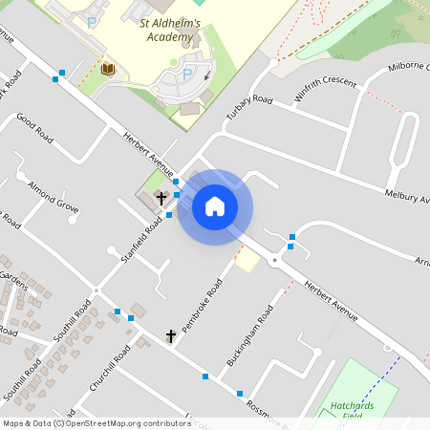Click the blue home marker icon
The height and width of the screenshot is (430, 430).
pos(215,206)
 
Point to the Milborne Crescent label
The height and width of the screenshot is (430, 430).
pos(410,69)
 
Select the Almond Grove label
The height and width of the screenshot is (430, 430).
pos(54,194)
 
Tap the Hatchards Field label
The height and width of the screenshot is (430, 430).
pos(353,410)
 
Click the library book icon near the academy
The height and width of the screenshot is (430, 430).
pos(108,69)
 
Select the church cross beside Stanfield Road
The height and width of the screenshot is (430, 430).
pos(161,199)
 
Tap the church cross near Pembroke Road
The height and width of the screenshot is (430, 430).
pos(172,335)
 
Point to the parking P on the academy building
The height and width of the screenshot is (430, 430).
pos(187,74)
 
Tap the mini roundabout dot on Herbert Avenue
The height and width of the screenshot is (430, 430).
pos(274,260)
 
